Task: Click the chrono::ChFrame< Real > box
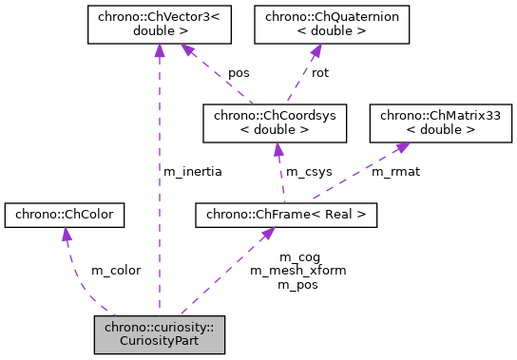[x=286, y=216]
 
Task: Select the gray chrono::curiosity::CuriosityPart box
[x=159, y=335]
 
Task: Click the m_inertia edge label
[x=193, y=172]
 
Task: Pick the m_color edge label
[x=116, y=270]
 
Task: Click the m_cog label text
[x=298, y=257]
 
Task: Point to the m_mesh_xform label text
[x=298, y=270]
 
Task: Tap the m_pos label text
[x=298, y=283]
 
